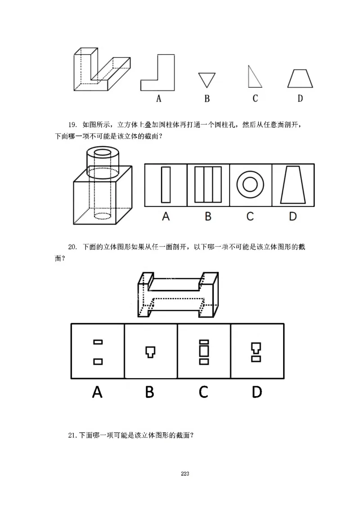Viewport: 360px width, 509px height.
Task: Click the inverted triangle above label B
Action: pos(207,79)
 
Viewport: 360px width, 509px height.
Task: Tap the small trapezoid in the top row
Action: pos(300,79)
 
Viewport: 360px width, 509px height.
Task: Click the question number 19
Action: pos(73,125)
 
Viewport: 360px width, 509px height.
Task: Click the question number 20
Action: pos(73,247)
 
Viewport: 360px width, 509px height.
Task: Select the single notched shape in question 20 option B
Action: pos(150,351)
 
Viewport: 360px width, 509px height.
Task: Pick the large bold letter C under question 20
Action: pos(203,392)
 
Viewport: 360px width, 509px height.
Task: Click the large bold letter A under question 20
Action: pos(97,392)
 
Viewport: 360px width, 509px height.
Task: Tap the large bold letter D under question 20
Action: pos(256,392)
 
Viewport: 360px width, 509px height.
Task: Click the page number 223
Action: pos(185,473)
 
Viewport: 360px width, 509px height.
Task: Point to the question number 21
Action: pos(72,435)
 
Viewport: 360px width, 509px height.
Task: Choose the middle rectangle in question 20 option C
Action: pos(204,351)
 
